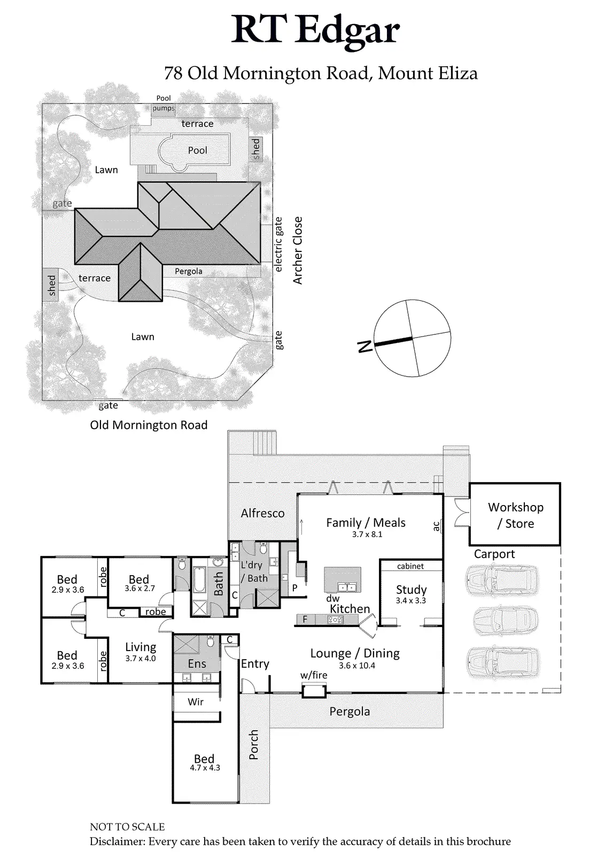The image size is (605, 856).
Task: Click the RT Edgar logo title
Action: coord(315,30)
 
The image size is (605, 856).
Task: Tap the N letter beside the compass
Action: coord(364,346)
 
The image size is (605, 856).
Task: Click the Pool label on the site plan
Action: coord(197,150)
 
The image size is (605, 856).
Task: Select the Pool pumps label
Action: coord(164,103)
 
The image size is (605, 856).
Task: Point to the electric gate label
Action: coord(278,244)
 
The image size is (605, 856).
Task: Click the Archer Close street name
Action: coord(298,250)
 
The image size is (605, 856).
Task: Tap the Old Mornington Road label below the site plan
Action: coord(149,425)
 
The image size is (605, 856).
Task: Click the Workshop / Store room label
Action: coord(515,515)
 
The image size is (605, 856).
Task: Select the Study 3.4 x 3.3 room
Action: coord(411,594)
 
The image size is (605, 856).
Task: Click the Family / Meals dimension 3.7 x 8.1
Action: coord(367,534)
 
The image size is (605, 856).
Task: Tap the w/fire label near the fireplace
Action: coord(314,675)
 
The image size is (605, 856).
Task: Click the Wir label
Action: coord(196,701)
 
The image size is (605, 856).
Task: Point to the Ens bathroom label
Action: coord(197,664)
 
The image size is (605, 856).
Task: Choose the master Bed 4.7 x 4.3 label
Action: coord(204,762)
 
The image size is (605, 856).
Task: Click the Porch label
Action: coord(253,744)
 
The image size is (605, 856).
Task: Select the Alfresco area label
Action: coord(262,513)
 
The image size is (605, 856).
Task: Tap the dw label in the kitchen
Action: coord(333,599)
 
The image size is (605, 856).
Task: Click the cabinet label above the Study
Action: coord(410,566)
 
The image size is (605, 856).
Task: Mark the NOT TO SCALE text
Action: coord(127,827)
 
